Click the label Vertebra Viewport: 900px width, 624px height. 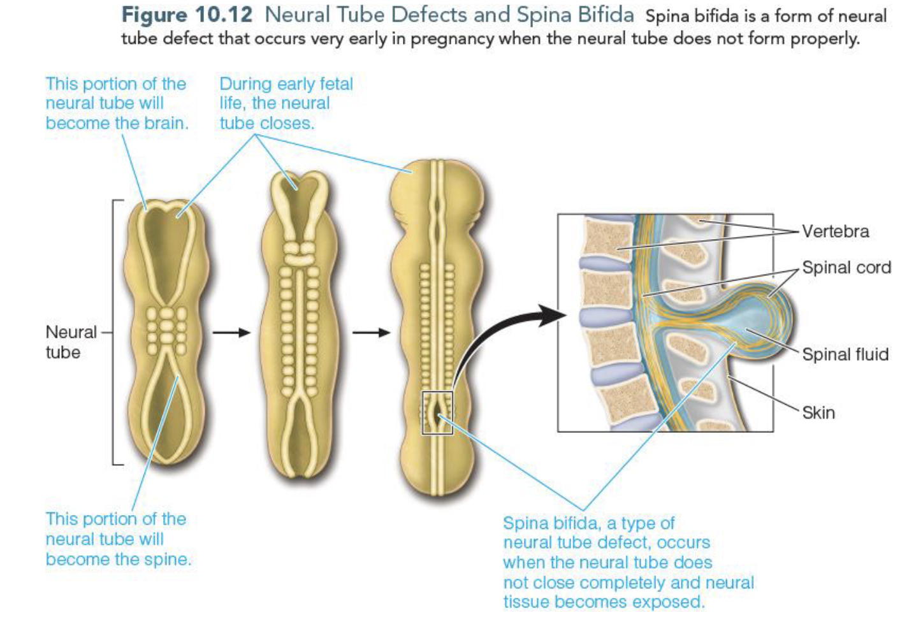click(835, 231)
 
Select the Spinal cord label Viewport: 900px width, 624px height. click(846, 268)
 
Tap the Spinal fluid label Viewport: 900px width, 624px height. click(845, 354)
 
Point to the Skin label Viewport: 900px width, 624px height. click(818, 412)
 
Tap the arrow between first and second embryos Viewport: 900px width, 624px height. click(231, 332)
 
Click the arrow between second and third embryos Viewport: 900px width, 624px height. click(371, 332)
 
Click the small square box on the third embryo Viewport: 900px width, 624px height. click(437, 412)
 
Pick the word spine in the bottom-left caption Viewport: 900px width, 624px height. click(170, 559)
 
